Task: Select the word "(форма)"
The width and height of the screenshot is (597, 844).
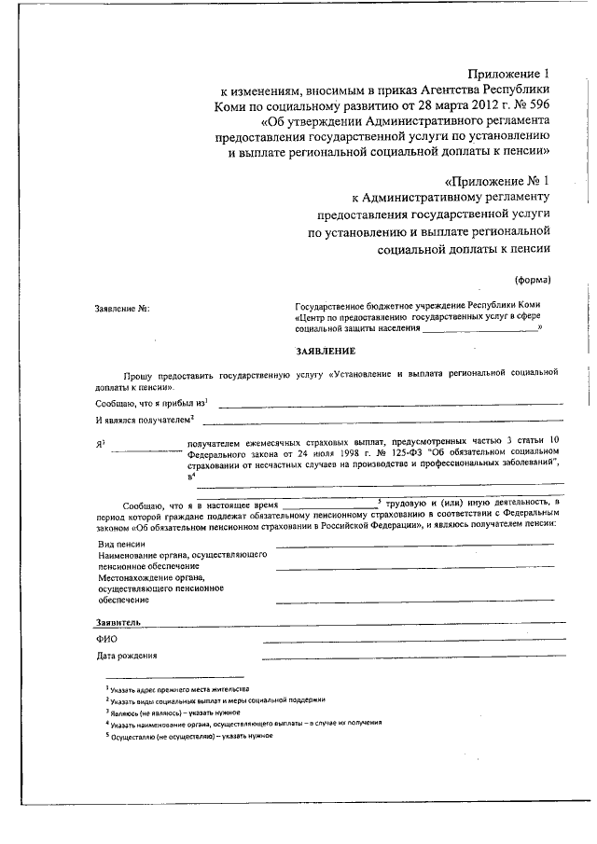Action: (x=533, y=280)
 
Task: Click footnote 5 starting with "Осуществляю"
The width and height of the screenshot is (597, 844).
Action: (x=187, y=735)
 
